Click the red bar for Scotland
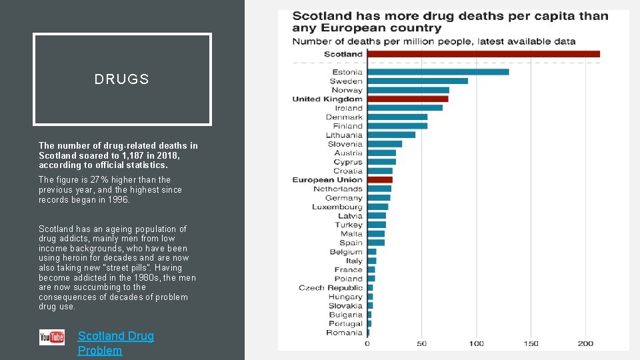(x=483, y=54)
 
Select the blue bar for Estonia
(x=438, y=72)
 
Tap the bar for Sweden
(x=417, y=81)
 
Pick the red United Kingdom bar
(x=407, y=99)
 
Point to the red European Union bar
(x=379, y=180)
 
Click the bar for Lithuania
(x=391, y=135)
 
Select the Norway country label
(x=347, y=90)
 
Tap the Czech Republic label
(x=331, y=288)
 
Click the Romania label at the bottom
(x=344, y=333)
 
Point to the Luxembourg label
(x=337, y=207)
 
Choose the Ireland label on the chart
(x=349, y=108)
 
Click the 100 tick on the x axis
(x=476, y=343)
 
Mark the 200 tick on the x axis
(x=585, y=343)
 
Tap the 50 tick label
(x=422, y=343)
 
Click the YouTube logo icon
(x=52, y=337)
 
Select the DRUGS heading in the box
(x=122, y=79)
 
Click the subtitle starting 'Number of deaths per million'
(x=433, y=41)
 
